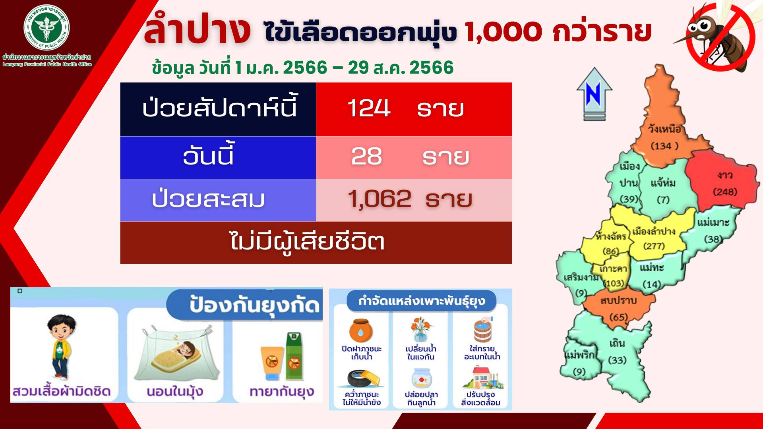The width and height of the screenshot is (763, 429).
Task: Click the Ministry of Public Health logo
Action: pos(46,27)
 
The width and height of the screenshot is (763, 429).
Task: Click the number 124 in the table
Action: pos(369,108)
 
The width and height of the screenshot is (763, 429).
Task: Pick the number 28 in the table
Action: pos(366,157)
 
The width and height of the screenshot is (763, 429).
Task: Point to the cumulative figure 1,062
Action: pos(380,199)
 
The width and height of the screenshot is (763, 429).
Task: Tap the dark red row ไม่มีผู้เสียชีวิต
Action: pos(316,242)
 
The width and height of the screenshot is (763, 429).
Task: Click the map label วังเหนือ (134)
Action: pos(664,137)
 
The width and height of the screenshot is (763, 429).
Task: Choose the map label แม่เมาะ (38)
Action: pos(713,230)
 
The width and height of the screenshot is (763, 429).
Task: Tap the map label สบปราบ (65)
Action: pos(618,309)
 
